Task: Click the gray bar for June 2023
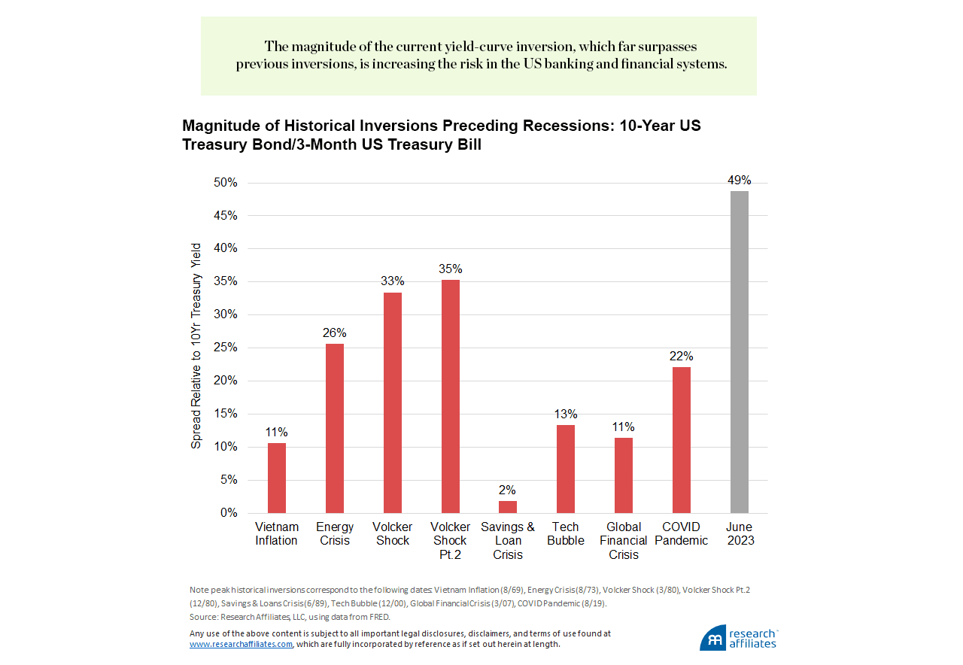(740, 352)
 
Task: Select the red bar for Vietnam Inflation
(276, 478)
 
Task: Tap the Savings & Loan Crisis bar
(508, 506)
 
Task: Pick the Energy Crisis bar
(335, 428)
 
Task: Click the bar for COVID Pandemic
(681, 439)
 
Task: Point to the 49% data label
(740, 181)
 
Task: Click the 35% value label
(451, 269)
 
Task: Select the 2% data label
(508, 490)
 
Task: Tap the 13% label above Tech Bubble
(566, 414)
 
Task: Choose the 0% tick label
(227, 513)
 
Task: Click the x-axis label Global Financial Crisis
(624, 541)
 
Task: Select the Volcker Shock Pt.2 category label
(451, 541)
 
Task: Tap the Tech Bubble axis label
(566, 534)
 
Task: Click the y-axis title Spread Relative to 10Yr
(196, 346)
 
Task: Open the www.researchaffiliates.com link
(241, 645)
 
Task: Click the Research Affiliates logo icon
(713, 638)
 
